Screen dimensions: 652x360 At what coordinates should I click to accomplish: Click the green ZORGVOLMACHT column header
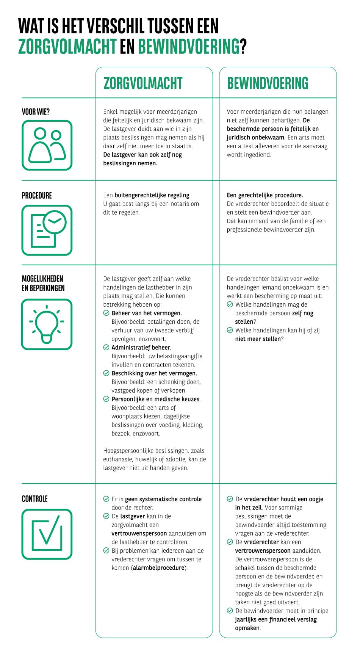tap(143, 83)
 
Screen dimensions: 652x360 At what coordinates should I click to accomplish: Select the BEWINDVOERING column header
tap(268, 83)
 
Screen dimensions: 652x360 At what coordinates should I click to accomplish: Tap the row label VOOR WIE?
tap(36, 112)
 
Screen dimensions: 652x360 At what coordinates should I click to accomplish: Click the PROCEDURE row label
tap(37, 196)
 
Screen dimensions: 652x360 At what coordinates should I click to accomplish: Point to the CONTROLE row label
tap(34, 499)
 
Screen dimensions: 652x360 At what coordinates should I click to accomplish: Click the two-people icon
tap(47, 145)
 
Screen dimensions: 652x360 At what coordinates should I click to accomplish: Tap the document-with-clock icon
tap(47, 230)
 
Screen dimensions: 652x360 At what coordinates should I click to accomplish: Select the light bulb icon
tap(47, 324)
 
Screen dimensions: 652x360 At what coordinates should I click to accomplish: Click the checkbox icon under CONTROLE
tap(47, 534)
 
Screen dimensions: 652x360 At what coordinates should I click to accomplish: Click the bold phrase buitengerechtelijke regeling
tap(152, 195)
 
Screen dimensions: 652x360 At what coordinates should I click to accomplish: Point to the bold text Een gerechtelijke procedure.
tap(265, 195)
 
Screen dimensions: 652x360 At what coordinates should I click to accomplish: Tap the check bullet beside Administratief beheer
tap(106, 348)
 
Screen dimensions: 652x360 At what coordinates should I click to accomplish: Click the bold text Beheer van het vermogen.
tap(147, 313)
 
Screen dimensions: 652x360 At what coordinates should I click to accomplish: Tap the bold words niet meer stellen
tap(258, 339)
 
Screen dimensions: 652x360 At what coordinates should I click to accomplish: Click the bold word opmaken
tap(247, 628)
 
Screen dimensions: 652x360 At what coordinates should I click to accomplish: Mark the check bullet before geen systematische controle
tap(106, 499)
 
